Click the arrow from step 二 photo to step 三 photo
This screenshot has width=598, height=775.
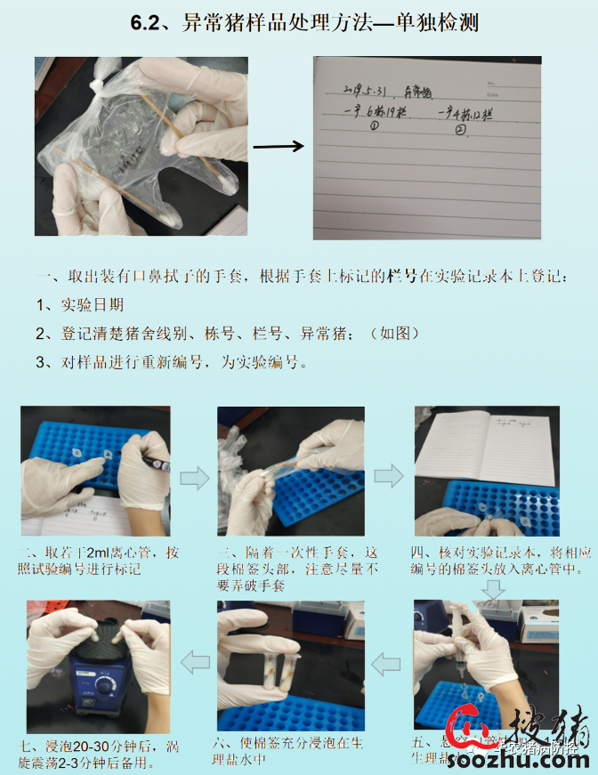195,479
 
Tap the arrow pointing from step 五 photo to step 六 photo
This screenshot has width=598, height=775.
388,661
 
